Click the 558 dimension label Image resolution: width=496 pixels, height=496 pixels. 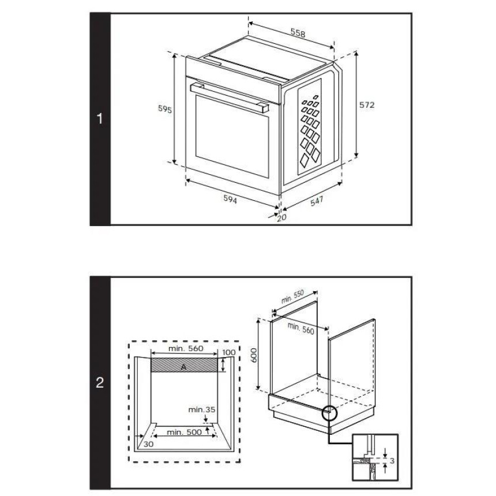click(298, 33)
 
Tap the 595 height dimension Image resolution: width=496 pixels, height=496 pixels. click(165, 109)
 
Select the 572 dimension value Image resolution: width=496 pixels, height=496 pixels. click(367, 105)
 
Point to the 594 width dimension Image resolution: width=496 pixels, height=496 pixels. click(230, 199)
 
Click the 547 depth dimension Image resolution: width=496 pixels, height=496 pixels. click(317, 201)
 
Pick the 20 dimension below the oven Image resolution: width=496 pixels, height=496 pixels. click(281, 217)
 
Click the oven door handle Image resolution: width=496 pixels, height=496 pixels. click(230, 97)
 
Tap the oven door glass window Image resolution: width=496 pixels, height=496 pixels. click(232, 136)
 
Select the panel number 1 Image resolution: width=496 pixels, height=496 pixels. click(100, 119)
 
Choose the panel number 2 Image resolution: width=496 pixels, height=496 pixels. click(100, 382)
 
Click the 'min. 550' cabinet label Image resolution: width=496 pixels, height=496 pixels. click(292, 296)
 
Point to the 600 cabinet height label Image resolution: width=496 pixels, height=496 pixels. click(254, 355)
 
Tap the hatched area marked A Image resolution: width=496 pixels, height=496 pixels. click(184, 365)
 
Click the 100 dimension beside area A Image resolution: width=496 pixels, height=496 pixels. click(229, 352)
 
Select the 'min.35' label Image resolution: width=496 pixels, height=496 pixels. click(202, 409)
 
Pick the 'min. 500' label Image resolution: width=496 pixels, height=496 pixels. click(184, 432)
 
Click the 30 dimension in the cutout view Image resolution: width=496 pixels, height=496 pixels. click(148, 444)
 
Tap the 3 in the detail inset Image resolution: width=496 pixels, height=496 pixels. click(392, 461)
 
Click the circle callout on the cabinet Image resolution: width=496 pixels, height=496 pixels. click(330, 413)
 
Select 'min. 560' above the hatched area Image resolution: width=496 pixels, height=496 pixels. click(186, 348)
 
